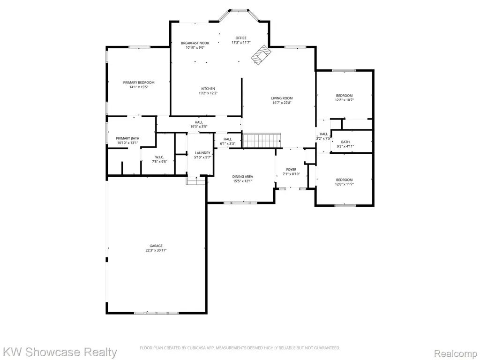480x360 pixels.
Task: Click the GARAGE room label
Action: (x=156, y=246)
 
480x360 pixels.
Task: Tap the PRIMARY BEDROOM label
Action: (x=139, y=82)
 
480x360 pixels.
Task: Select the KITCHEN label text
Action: (x=208, y=89)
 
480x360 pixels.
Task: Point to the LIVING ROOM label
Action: (x=282, y=98)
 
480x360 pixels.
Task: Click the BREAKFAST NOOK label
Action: (x=195, y=43)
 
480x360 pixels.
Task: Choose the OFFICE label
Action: (x=241, y=38)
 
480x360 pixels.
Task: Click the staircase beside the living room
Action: (x=262, y=141)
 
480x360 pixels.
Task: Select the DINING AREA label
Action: (x=242, y=177)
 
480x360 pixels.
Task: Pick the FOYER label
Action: (x=291, y=170)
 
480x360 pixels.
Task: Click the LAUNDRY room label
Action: (x=202, y=153)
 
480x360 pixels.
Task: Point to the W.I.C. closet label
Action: (x=159, y=157)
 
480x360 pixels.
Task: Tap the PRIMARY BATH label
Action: (x=127, y=138)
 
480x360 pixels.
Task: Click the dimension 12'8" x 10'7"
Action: (x=345, y=100)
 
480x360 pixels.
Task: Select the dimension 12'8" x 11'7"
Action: (x=345, y=184)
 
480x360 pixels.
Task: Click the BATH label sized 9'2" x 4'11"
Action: (x=345, y=142)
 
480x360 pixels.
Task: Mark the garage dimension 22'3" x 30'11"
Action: (x=156, y=250)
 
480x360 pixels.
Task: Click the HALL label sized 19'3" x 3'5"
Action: (x=199, y=122)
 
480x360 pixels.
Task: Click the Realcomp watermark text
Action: (x=456, y=353)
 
